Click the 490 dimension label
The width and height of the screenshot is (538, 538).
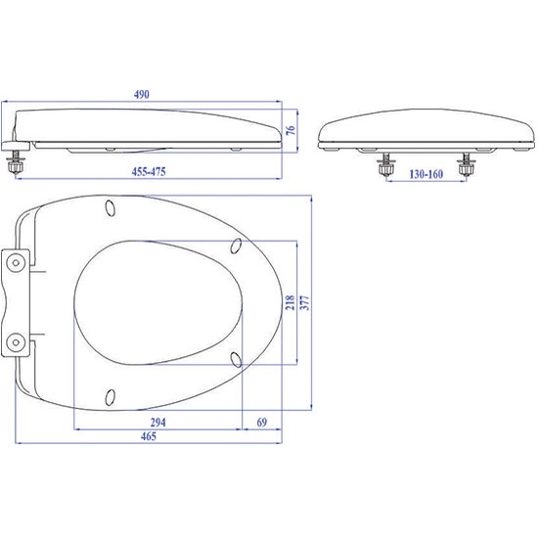(142, 94)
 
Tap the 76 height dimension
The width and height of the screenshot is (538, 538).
(291, 130)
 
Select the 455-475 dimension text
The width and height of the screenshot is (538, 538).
(149, 171)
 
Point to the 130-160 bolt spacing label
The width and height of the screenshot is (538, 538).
(426, 174)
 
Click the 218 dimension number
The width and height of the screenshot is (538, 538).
(291, 302)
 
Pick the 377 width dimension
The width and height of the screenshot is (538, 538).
(304, 302)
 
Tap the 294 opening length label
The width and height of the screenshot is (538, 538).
(157, 422)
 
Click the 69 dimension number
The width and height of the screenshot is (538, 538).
(262, 422)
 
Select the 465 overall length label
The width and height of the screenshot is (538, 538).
(149, 436)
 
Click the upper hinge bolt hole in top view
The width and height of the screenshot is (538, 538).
(16, 263)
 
